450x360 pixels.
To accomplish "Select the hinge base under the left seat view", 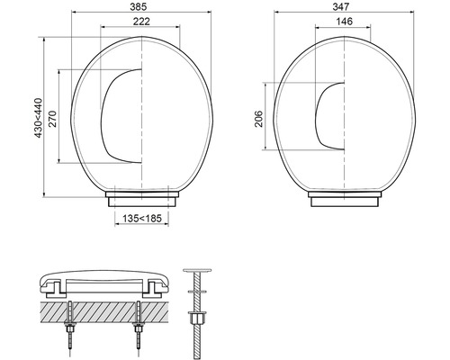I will coord(141,195).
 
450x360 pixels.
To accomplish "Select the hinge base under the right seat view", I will coord(346,195).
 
